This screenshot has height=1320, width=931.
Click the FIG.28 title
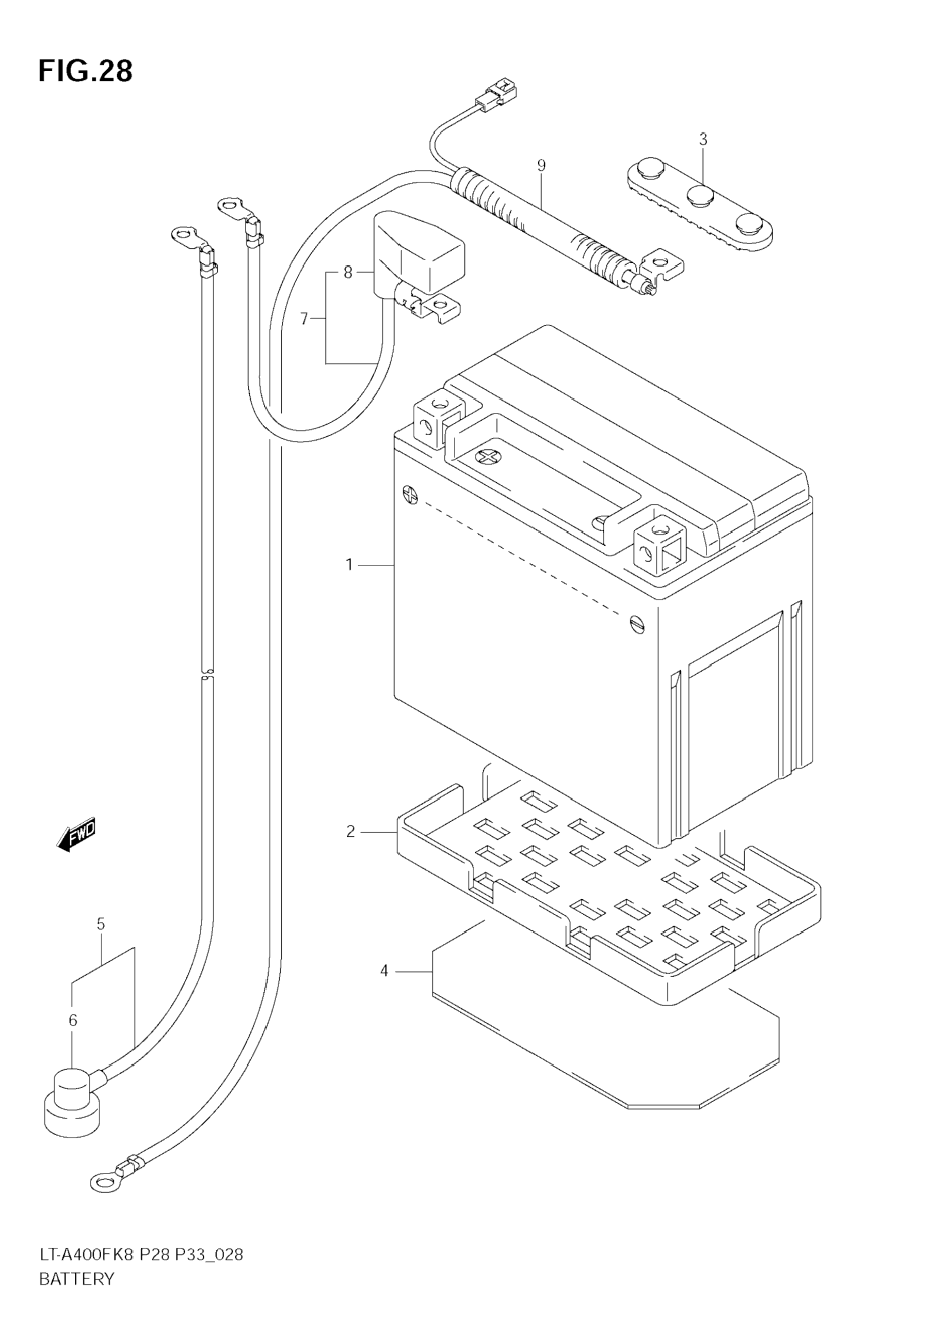(x=85, y=71)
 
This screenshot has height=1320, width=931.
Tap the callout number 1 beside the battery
(x=349, y=565)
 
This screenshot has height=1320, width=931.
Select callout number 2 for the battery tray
(x=350, y=831)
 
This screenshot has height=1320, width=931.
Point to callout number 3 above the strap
(x=703, y=139)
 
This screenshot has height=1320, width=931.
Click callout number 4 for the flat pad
(x=384, y=971)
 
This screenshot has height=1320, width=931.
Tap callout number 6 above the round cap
(x=72, y=1021)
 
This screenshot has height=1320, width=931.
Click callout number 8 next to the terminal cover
(x=348, y=272)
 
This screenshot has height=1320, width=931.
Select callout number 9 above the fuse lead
(x=541, y=166)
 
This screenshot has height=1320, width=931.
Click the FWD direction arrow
(x=76, y=835)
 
